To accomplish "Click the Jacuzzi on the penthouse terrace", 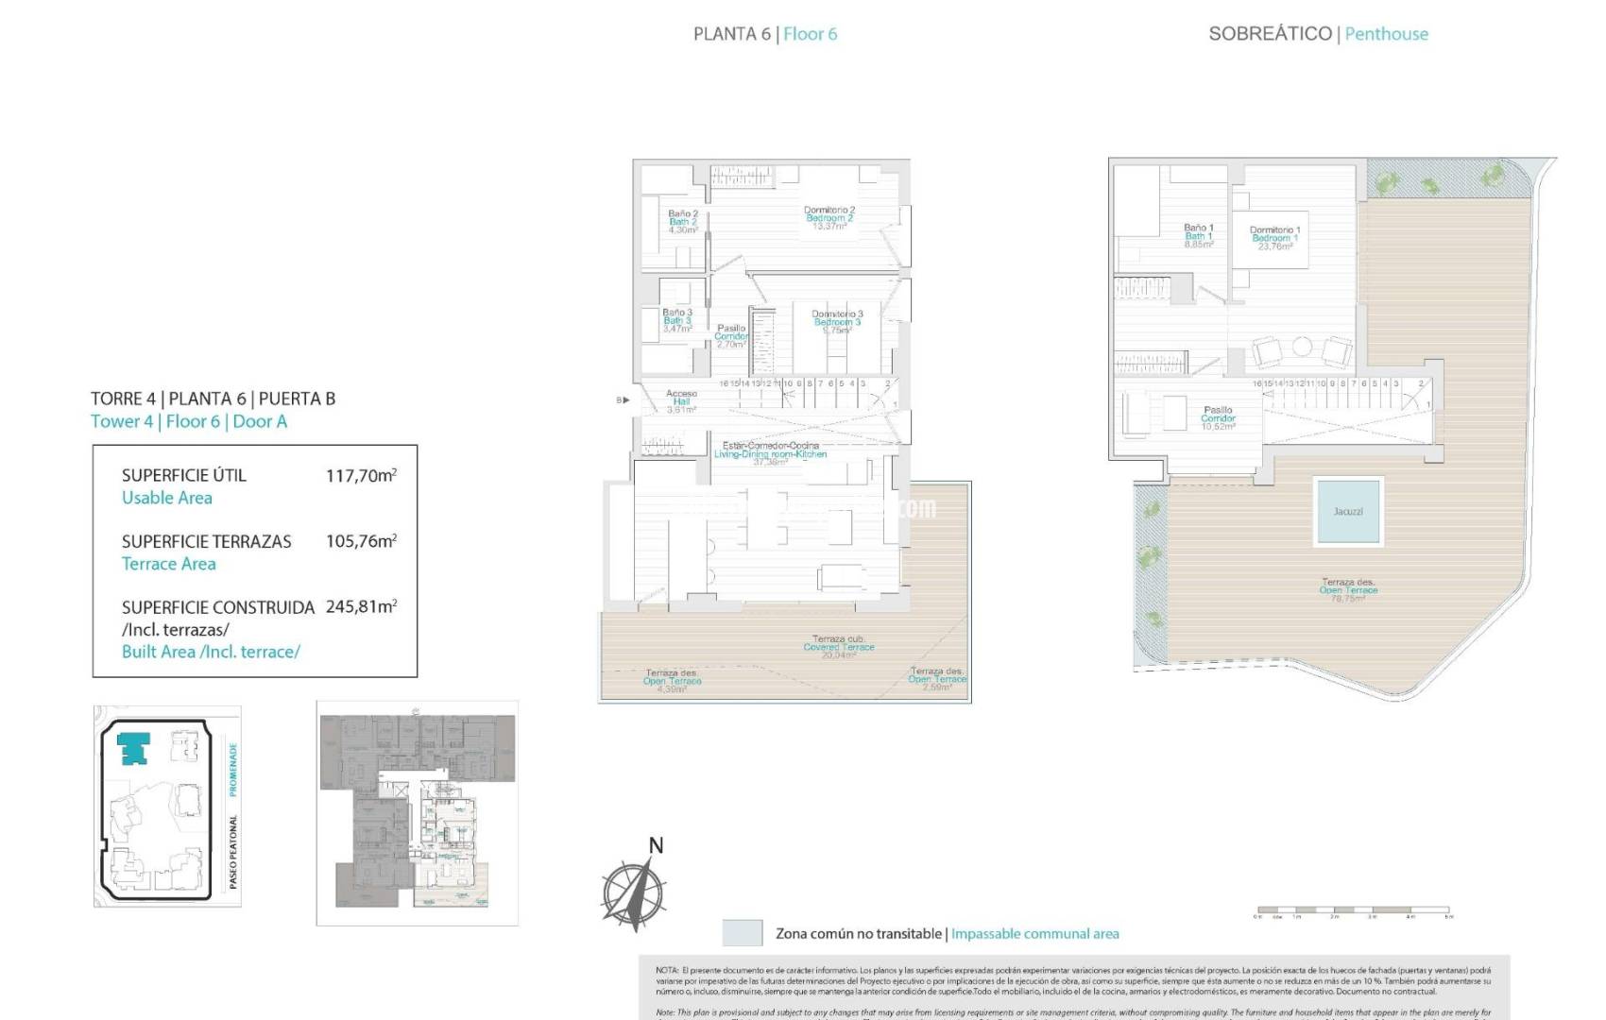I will (1348, 511).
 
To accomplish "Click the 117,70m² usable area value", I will (361, 476).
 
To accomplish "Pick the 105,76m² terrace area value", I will (361, 541).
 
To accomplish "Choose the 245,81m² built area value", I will (361, 606).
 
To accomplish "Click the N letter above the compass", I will (656, 845).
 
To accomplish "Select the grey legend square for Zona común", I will (742, 933).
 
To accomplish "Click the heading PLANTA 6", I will (731, 34).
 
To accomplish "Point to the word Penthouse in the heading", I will (1386, 34).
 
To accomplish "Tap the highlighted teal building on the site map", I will (133, 748).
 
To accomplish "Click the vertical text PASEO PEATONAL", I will (233, 851).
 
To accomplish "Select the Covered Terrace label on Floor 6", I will (838, 647).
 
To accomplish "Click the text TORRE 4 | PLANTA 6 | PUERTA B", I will (213, 399).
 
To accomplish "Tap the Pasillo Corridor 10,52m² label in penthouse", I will (1218, 418).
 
